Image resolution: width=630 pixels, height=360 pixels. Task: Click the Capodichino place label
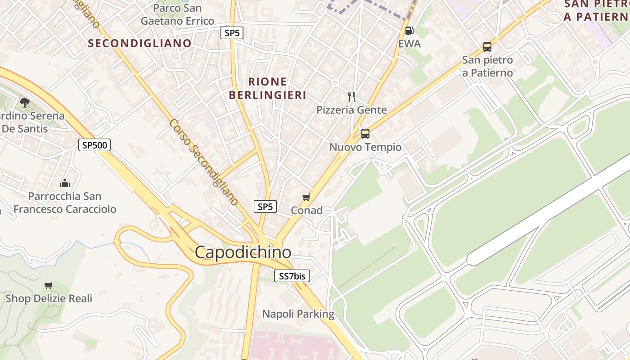[x=243, y=252]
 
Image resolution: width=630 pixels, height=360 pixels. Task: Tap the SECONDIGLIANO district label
[x=140, y=43]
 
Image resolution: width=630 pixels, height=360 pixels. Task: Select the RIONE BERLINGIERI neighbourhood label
[x=267, y=88]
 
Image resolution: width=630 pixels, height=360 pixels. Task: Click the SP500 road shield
[x=94, y=145]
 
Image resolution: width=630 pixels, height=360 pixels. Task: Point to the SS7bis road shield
[x=292, y=276]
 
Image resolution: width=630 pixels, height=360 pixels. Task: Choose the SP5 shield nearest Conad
[x=265, y=207]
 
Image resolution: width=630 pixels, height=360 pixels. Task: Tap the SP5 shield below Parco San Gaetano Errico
[x=232, y=32]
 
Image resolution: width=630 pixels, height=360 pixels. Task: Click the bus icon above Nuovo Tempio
[x=365, y=134]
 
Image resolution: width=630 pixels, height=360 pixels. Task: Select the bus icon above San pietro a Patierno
[x=487, y=46]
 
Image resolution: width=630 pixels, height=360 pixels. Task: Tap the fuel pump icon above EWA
[x=409, y=31]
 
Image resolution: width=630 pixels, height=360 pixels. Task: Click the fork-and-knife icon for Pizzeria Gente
[x=351, y=96]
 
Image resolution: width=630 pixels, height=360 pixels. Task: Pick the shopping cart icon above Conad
[x=306, y=197]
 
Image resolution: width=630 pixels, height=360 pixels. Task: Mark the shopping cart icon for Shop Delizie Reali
[x=49, y=285]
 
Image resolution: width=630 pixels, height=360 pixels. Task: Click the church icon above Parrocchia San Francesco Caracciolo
[x=65, y=183]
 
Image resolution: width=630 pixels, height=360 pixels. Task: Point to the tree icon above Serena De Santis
[x=25, y=103]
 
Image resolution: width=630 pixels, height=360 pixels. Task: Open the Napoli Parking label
[x=298, y=314]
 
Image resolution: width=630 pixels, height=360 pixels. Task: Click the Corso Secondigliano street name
[x=204, y=162]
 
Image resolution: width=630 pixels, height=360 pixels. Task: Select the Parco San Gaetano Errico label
[x=177, y=14]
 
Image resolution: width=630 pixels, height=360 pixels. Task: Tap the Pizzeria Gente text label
[x=351, y=110]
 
